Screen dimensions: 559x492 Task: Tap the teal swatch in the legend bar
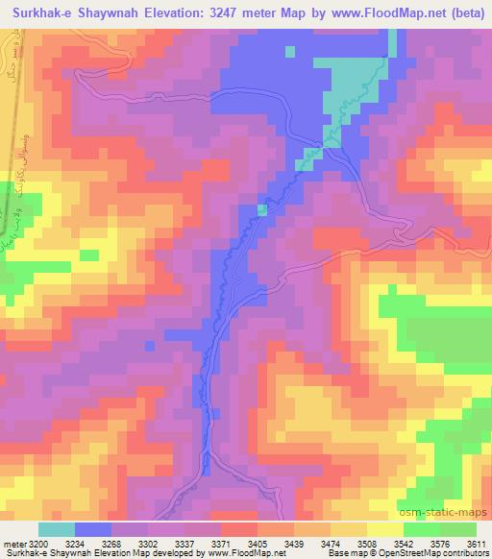[x=57, y=529]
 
